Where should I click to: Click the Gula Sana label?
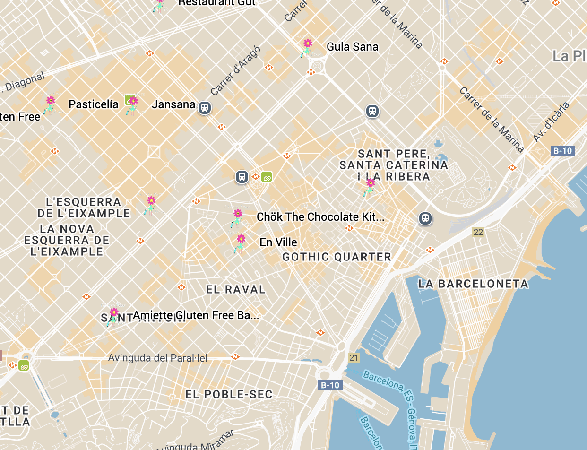353,47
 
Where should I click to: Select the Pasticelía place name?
94,104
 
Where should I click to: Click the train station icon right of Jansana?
205,108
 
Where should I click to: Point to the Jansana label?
173,104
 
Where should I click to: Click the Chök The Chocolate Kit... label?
320,217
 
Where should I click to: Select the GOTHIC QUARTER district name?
337,257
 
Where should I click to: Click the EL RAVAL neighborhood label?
236,289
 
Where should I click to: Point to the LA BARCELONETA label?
473,284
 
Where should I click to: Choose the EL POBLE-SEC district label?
229,394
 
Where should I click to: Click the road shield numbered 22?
478,232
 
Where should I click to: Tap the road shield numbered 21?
354,358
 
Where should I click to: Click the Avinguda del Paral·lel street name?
157,358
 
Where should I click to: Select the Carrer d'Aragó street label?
235,70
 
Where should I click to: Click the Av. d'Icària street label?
552,121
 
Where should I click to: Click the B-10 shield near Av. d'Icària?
562,151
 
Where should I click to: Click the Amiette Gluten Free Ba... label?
196,315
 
